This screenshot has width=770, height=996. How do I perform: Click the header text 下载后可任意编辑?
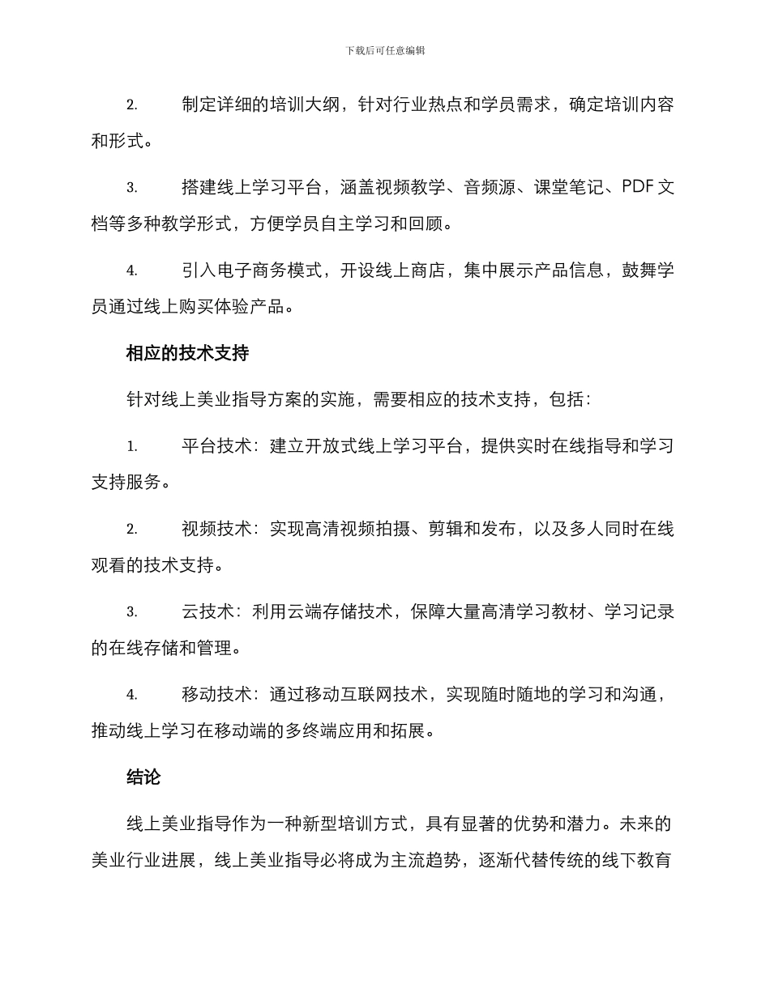click(x=385, y=50)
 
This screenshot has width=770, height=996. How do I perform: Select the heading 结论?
click(x=143, y=777)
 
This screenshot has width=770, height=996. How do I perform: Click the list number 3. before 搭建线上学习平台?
click(x=131, y=188)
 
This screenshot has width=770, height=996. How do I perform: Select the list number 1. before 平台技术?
click(x=131, y=446)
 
